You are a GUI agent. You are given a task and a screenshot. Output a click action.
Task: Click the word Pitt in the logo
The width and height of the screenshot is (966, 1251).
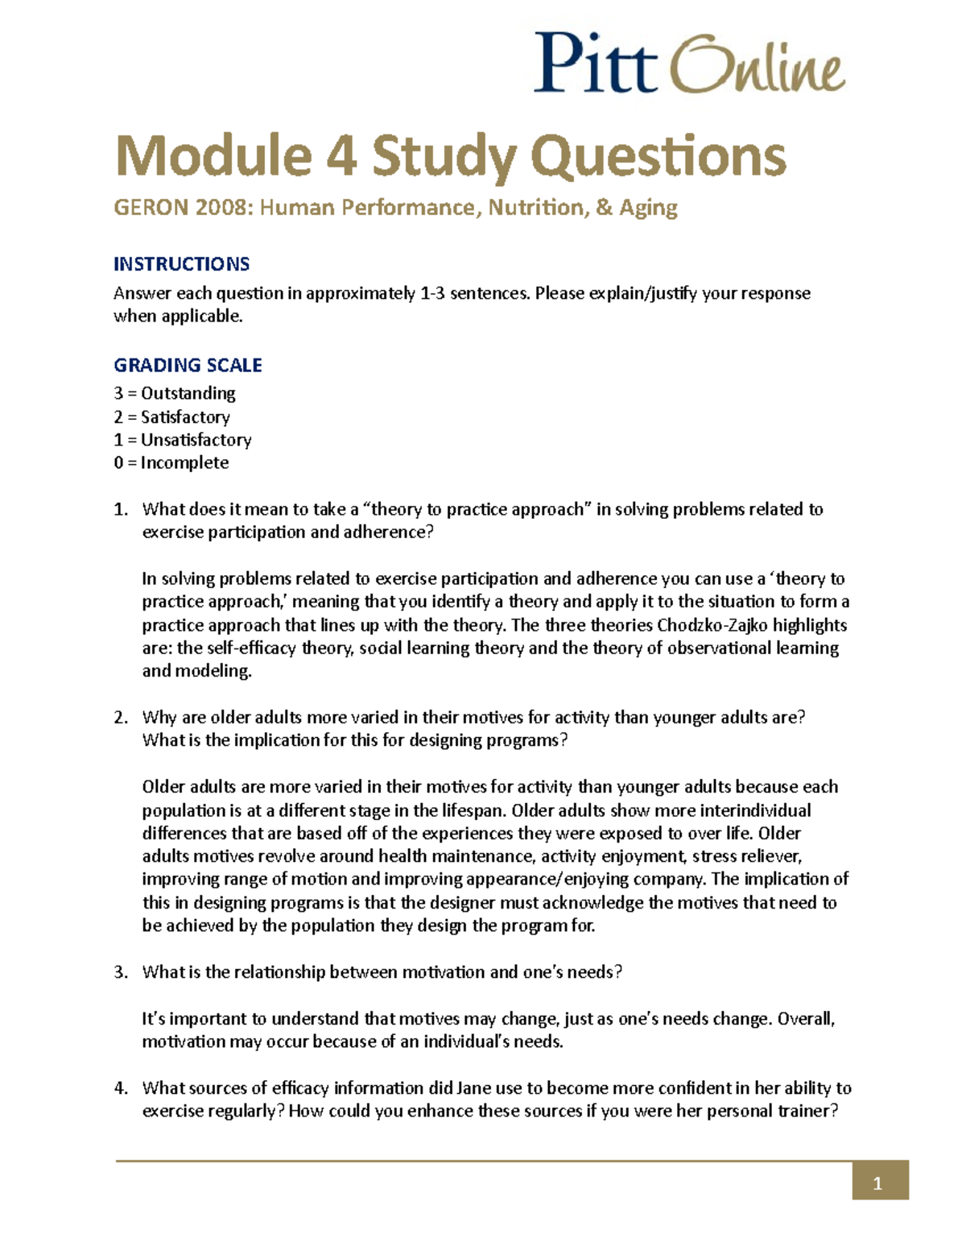click(596, 64)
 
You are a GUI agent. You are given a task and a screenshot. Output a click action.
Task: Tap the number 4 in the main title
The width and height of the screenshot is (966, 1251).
click(341, 155)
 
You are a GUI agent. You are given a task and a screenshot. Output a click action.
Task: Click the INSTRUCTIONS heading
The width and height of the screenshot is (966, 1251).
click(181, 264)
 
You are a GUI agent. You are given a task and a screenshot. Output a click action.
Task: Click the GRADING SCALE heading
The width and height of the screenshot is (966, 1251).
click(188, 365)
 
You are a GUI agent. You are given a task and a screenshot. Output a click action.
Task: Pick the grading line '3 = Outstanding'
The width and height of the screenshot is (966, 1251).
click(175, 393)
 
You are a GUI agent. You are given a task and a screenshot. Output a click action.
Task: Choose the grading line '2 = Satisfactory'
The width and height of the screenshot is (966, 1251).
click(171, 416)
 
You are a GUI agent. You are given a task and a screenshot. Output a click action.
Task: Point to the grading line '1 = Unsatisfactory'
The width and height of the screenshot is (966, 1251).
click(183, 440)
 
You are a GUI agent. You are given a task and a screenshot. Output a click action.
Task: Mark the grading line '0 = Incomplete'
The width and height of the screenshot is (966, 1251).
click(171, 462)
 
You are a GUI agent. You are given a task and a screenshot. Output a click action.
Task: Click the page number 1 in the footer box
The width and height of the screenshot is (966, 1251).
click(878, 1183)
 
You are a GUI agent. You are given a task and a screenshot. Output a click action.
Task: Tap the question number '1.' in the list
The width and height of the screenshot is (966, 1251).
click(121, 509)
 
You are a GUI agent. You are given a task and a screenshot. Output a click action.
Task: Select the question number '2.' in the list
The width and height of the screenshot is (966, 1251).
click(121, 717)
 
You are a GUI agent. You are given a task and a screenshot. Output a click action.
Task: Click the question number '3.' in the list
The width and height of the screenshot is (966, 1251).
click(121, 971)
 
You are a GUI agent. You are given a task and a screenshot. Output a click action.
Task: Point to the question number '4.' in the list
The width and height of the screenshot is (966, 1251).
click(121, 1087)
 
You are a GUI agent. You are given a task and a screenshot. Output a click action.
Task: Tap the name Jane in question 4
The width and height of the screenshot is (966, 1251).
click(473, 1087)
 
